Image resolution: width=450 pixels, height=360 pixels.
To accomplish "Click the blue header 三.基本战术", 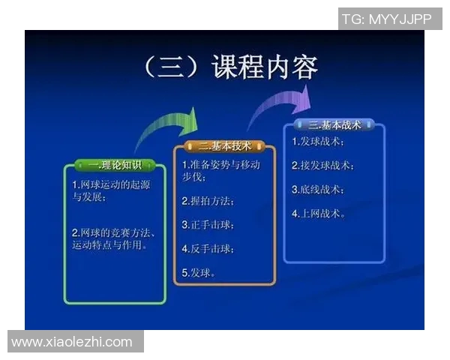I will tap(334, 125).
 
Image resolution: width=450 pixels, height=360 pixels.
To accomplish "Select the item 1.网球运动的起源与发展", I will tap(100, 191).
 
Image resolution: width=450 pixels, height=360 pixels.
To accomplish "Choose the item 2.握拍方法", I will tap(208, 202).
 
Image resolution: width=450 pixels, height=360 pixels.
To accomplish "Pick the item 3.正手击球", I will tap(208, 224).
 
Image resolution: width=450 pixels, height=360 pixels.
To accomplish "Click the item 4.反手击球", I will tap(208, 248).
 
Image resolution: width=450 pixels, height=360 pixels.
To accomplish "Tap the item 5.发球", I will tap(199, 272).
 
